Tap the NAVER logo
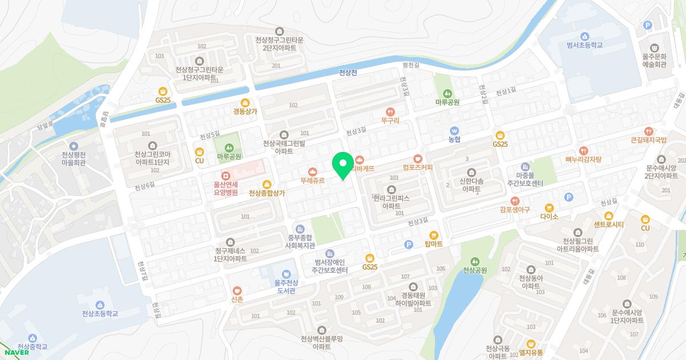(x=17, y=352)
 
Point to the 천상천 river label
(x=348, y=73)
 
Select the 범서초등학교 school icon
(x=584, y=36)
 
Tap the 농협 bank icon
(x=454, y=130)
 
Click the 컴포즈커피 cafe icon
(x=417, y=158)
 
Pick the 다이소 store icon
(x=549, y=207)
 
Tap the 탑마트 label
(x=433, y=244)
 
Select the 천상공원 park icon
(x=474, y=261)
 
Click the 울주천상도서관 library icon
(x=285, y=274)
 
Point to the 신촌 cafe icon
(x=237, y=290)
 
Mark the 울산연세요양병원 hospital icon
(x=226, y=175)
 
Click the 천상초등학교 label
(x=99, y=314)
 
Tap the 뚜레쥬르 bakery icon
(x=313, y=171)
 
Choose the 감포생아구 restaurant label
(x=515, y=210)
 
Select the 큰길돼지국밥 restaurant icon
(x=649, y=130)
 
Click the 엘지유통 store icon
(x=531, y=343)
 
